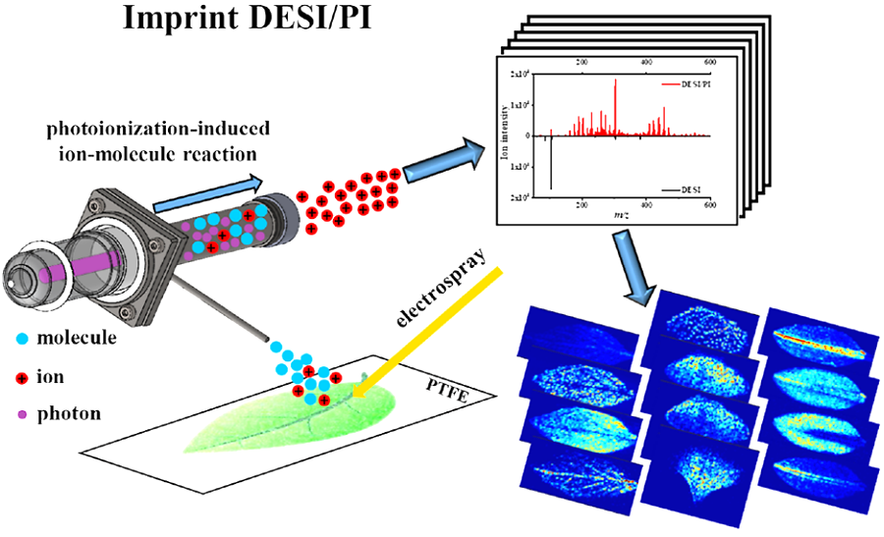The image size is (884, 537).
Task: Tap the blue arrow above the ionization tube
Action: (207, 190)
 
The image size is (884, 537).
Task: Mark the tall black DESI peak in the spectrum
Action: (551, 162)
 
